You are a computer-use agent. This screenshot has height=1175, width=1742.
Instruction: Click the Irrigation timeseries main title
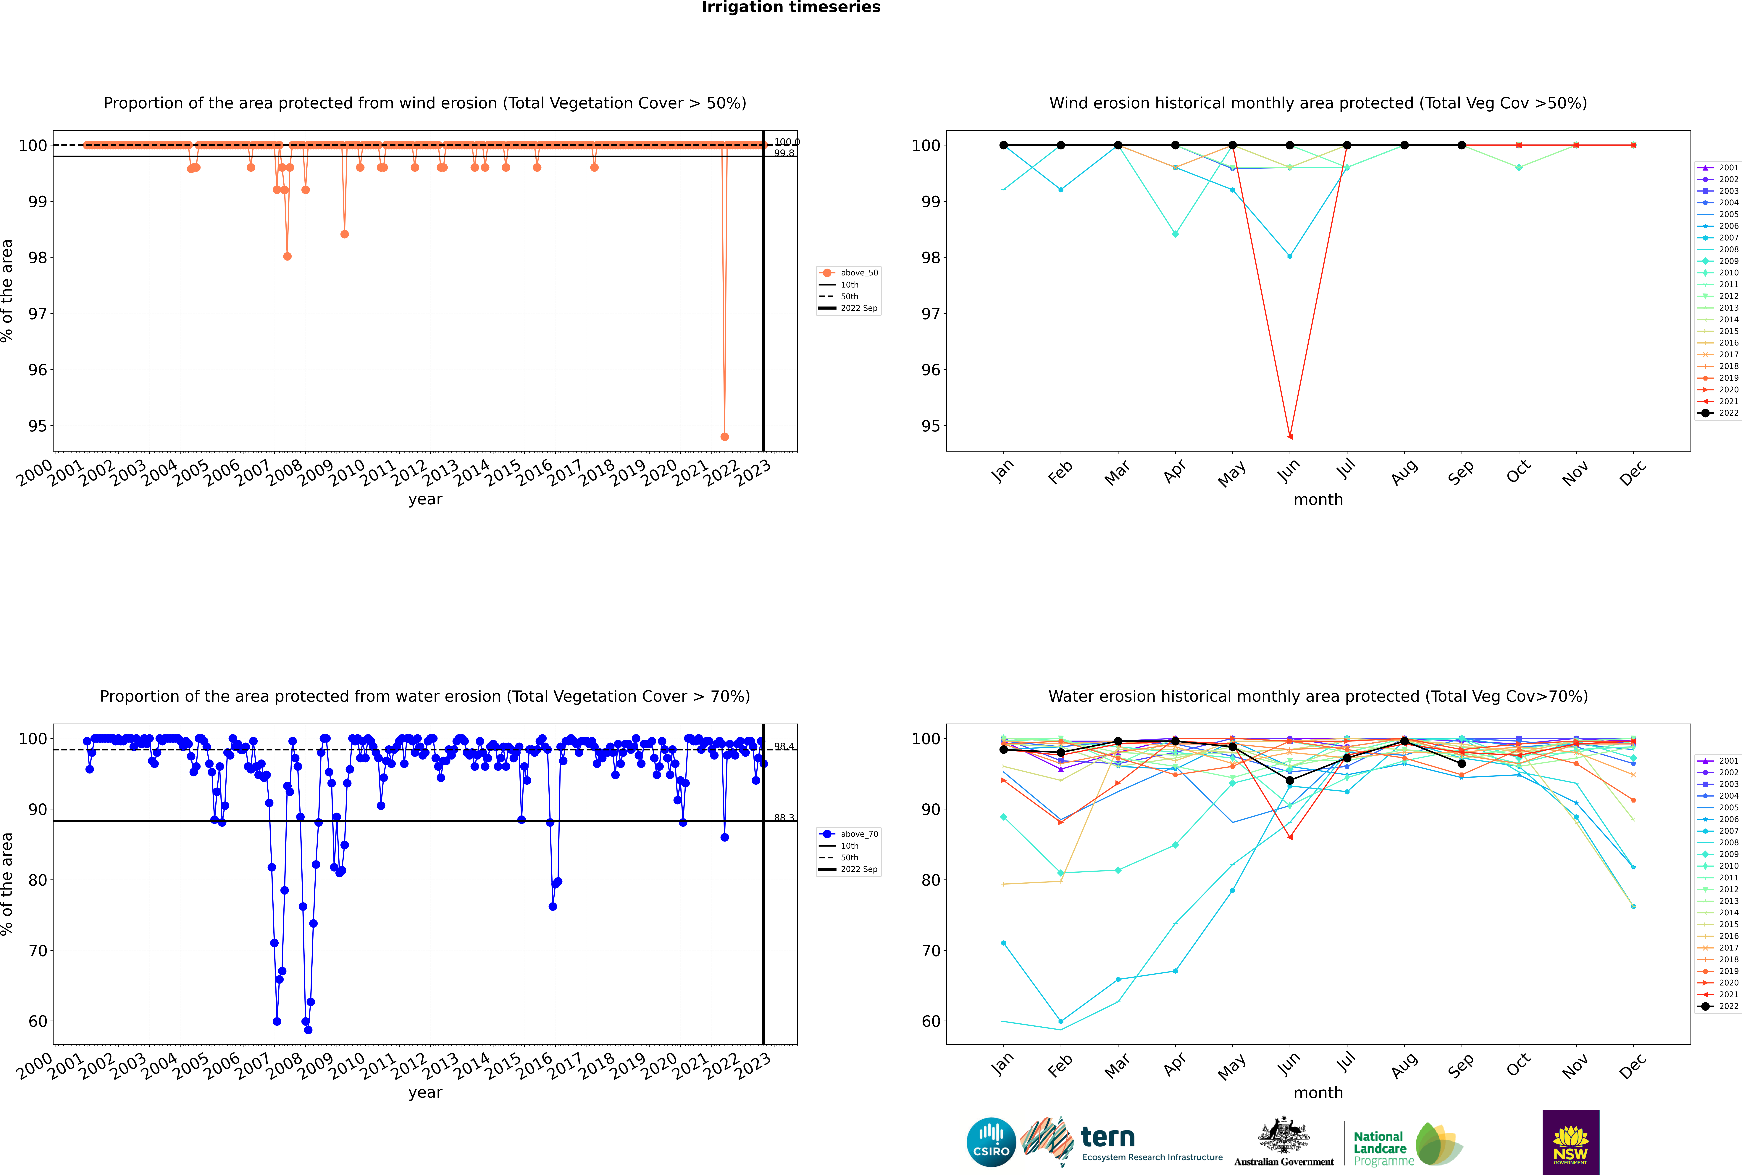tap(791, 7)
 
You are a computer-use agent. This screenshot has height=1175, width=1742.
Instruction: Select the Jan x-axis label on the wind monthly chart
tap(1003, 471)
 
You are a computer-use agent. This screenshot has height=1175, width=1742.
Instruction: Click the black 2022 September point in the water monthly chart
tap(1461, 764)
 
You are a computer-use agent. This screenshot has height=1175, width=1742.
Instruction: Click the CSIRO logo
tap(991, 1142)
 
